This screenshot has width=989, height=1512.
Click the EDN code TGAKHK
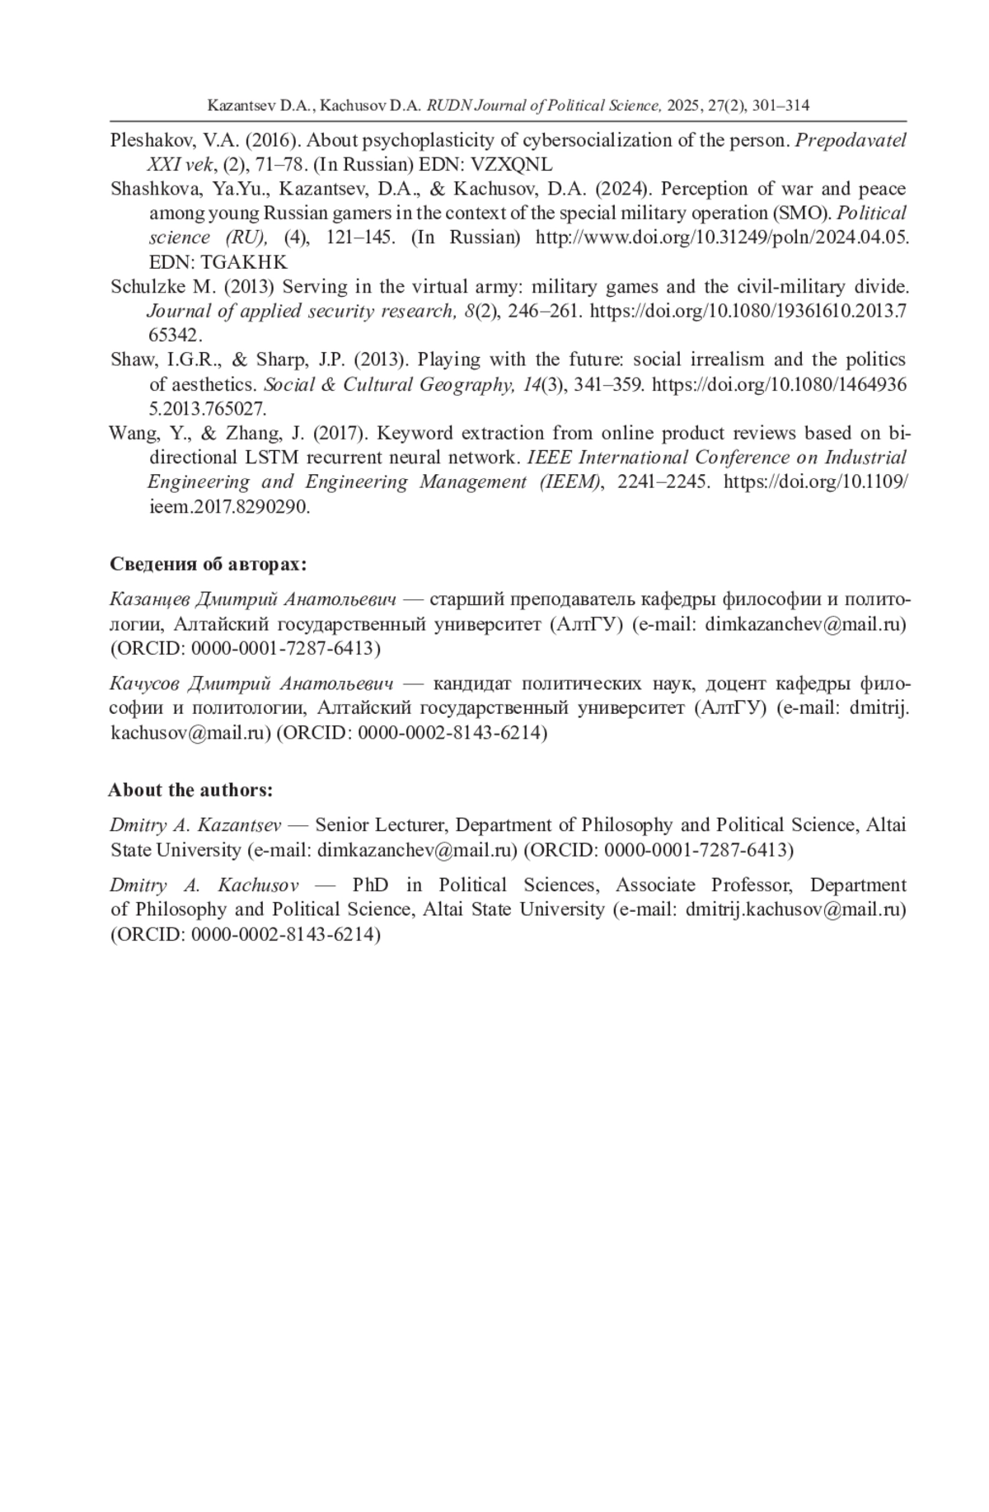click(244, 262)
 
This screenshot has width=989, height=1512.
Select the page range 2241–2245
click(663, 481)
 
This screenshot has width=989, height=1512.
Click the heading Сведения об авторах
click(209, 565)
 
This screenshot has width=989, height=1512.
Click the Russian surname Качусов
click(142, 683)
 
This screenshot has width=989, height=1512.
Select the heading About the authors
click(190, 790)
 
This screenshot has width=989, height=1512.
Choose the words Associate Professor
click(704, 885)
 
